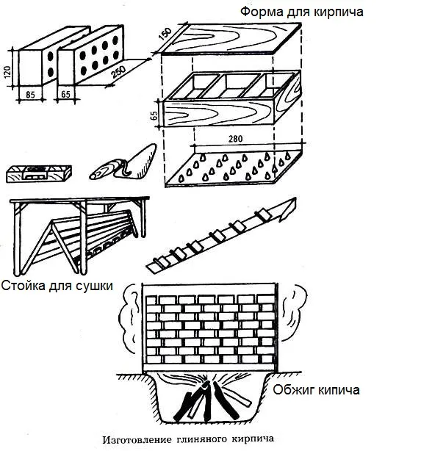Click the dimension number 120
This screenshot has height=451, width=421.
point(8,72)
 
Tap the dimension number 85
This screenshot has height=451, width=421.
point(30,94)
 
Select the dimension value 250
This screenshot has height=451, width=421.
point(118,72)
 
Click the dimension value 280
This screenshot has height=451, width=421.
point(235,139)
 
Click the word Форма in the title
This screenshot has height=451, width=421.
point(262,12)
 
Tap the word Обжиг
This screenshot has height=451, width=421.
point(292,390)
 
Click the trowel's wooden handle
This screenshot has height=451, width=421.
point(103,171)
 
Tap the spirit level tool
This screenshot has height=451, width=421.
point(39,173)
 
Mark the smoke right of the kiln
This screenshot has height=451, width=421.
point(293,312)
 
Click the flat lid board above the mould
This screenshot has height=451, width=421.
point(231,38)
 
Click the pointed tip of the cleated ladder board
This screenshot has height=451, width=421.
point(295,198)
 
